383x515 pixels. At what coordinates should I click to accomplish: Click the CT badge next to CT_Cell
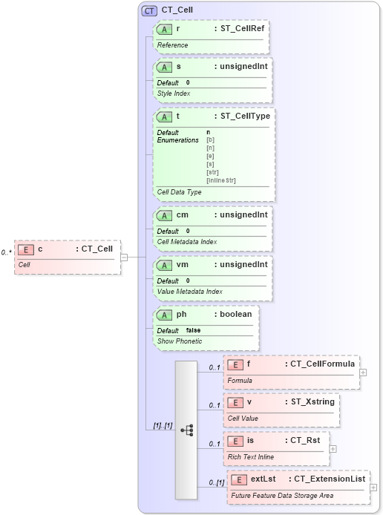click(148, 10)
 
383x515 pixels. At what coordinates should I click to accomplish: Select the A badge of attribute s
click(163, 67)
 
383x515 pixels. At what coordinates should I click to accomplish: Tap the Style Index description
click(174, 93)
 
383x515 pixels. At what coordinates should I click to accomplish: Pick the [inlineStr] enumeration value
click(221, 180)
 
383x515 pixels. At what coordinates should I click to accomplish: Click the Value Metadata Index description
click(189, 292)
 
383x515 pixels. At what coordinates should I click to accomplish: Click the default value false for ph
click(193, 330)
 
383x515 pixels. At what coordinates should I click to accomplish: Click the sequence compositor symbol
click(186, 430)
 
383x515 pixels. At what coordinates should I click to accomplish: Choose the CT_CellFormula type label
click(320, 364)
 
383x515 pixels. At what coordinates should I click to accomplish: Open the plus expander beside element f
click(363, 373)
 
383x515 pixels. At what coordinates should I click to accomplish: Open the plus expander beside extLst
click(373, 488)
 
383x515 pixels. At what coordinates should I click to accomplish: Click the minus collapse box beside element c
click(123, 257)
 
